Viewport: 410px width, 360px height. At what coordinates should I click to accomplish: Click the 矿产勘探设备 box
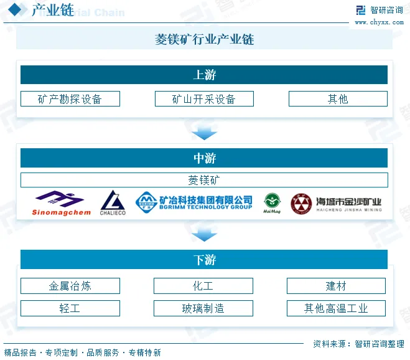70,98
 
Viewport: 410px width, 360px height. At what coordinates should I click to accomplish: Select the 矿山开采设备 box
204,98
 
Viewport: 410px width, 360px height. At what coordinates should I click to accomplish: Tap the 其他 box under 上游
338,98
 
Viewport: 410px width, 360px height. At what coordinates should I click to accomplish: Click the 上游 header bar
204,75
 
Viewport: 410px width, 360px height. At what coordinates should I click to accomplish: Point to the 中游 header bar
204,158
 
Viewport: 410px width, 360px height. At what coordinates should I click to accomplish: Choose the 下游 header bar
204,260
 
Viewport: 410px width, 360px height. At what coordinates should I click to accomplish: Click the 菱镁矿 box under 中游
204,180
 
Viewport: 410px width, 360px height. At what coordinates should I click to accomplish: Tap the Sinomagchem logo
61,203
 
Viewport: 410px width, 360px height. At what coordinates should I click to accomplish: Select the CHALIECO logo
113,203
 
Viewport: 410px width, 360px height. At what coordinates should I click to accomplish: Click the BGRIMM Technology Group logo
194,202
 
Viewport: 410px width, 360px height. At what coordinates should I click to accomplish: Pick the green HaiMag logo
272,203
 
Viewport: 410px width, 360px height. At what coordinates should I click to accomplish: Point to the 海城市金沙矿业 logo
336,203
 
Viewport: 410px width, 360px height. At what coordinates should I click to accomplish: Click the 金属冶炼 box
70,286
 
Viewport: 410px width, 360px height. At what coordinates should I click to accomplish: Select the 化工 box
203,286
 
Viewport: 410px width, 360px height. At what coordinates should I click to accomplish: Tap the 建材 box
336,286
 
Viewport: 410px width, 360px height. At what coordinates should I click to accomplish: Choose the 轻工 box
70,308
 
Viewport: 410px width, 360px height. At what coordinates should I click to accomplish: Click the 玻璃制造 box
203,308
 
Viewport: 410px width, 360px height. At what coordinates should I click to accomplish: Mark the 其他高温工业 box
336,308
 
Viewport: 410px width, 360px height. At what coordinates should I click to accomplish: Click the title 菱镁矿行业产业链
204,39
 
